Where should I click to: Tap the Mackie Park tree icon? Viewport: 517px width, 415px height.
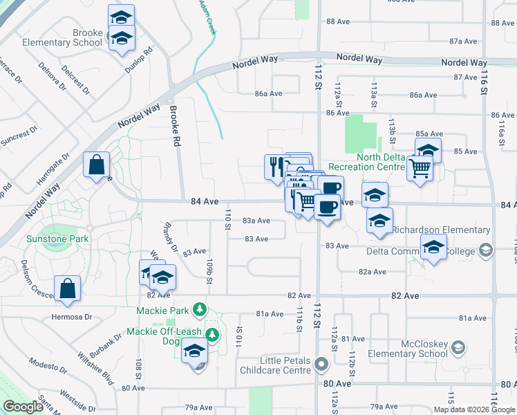coord(200,308)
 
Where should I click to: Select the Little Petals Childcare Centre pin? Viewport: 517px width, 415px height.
coord(321,363)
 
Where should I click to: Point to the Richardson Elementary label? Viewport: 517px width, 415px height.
coord(441,230)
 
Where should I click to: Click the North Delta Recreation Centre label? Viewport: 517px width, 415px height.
coord(366,162)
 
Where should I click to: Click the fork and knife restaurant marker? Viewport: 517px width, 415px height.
coord(274,166)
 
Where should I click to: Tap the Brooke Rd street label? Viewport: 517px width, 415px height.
coord(176,124)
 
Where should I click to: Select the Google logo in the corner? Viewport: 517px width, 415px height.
coord(23,407)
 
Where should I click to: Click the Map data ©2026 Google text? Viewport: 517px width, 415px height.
coord(474,410)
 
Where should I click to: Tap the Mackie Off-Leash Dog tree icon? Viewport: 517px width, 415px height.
coord(213,335)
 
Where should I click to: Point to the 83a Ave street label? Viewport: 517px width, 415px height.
coord(256,221)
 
